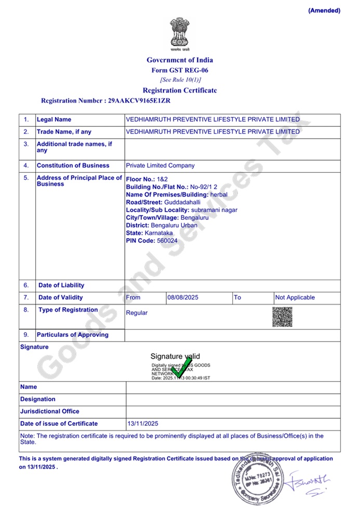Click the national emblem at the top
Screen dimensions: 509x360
[179, 34]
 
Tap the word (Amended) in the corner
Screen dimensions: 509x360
[324, 10]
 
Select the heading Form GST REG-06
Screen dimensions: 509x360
[180, 70]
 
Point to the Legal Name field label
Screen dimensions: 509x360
[54, 120]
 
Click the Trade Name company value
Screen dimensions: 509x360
[212, 132]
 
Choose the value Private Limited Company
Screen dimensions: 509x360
[160, 165]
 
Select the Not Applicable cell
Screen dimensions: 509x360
[295, 297]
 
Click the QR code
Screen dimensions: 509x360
[282, 317]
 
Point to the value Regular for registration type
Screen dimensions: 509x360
[137, 313]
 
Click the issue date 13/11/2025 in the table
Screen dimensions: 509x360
[143, 424]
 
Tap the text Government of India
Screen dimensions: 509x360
[180, 60]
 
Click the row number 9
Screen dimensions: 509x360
[26, 335]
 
